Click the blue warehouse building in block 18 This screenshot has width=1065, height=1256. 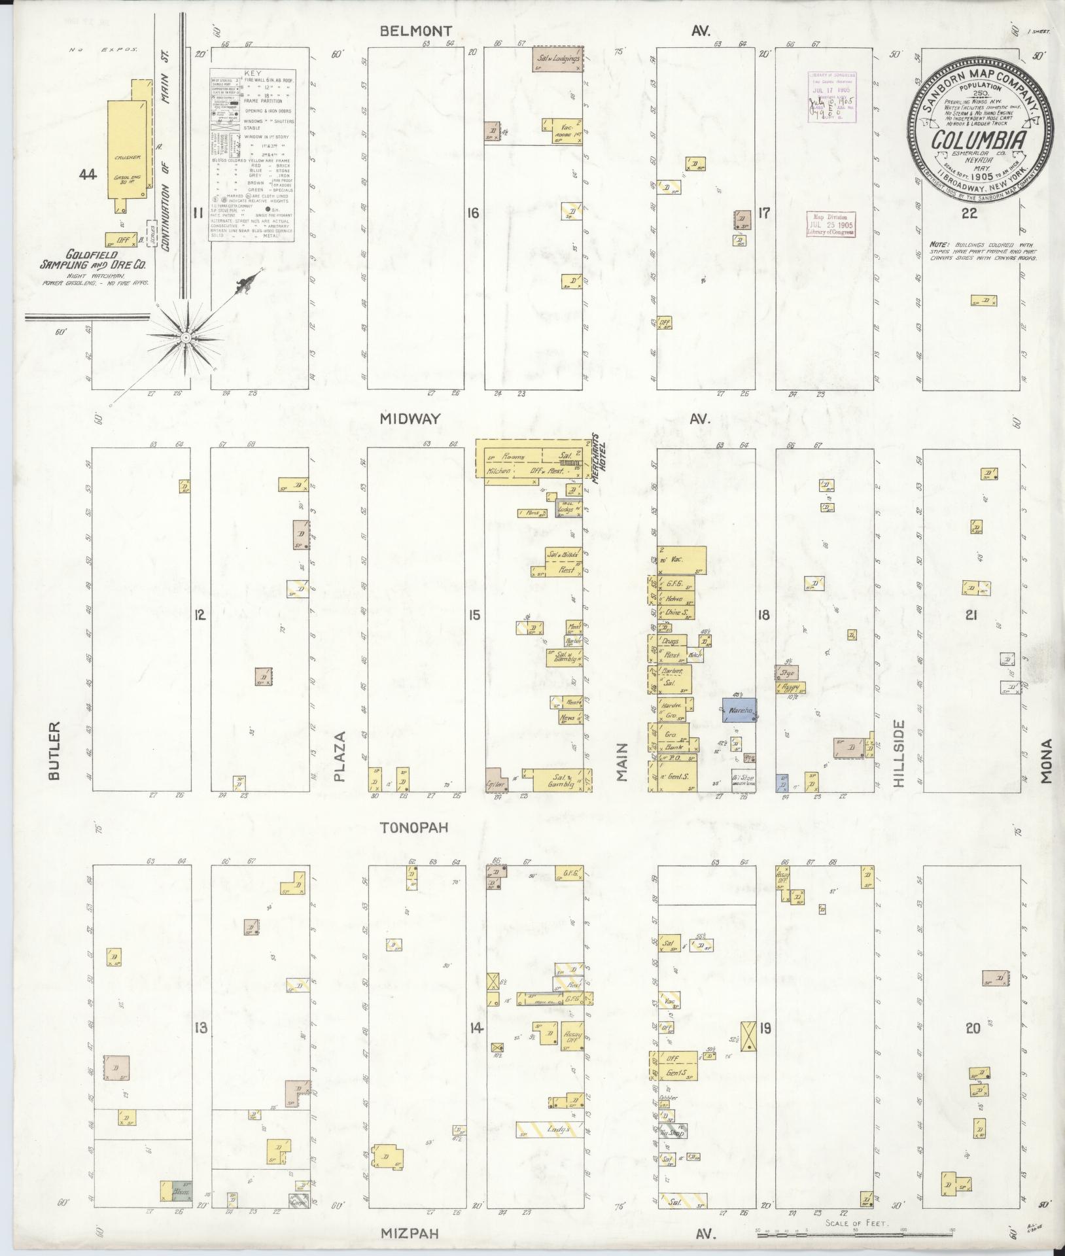[x=739, y=710]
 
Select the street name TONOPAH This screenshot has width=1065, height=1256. [x=414, y=827]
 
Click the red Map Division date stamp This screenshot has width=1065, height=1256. [x=830, y=224]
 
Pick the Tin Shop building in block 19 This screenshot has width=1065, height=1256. [x=673, y=1132]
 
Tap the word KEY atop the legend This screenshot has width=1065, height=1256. [x=252, y=75]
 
